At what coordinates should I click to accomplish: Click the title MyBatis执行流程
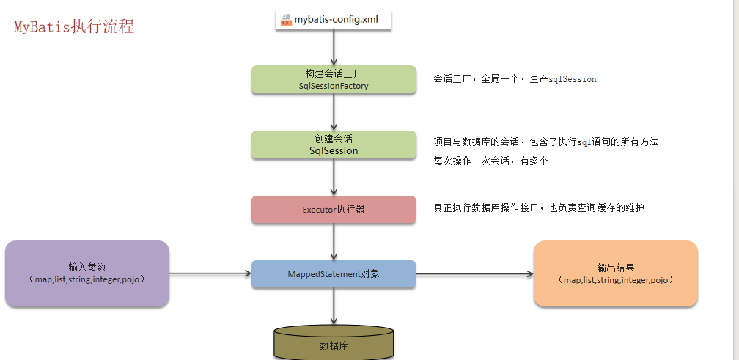[x=73, y=27]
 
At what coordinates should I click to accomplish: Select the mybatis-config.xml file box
[x=334, y=19]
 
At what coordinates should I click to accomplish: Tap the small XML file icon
[x=285, y=20]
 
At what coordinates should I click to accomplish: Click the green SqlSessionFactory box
[x=334, y=80]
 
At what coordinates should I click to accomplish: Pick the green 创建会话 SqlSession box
[x=334, y=144]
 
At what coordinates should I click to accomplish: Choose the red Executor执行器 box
[x=334, y=209]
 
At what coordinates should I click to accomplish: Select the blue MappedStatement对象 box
[x=334, y=273]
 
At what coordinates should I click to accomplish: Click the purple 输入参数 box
[x=87, y=273]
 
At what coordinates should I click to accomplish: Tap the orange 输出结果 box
[x=615, y=273]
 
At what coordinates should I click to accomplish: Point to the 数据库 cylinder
[x=334, y=343]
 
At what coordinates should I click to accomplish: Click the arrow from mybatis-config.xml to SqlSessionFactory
[x=334, y=47]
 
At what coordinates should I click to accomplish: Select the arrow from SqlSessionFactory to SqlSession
[x=334, y=112]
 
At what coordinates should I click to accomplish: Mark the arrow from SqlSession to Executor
[x=334, y=177]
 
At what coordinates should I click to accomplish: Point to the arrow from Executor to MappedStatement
[x=334, y=241]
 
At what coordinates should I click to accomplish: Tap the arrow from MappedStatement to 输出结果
[x=474, y=273]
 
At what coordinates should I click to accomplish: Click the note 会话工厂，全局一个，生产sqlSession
[x=515, y=78]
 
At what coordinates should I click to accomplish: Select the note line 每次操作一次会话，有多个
[x=490, y=161]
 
